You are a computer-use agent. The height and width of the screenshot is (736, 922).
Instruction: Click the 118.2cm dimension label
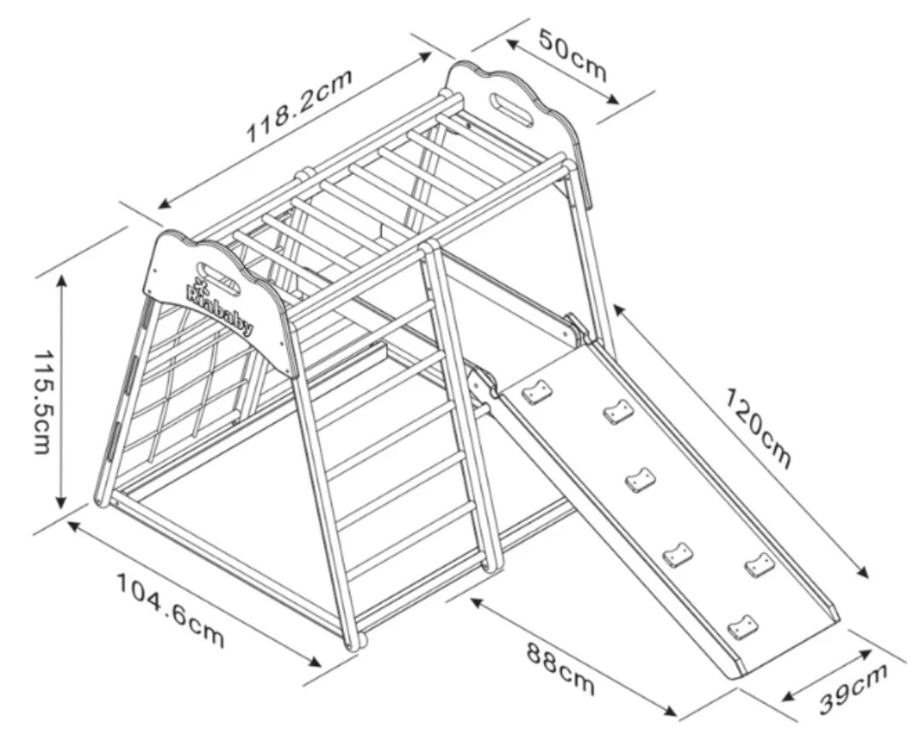299,106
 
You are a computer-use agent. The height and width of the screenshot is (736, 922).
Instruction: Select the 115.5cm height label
42,402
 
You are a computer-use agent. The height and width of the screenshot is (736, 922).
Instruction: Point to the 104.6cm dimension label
171,610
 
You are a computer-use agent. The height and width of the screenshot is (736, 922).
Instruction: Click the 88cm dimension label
559,669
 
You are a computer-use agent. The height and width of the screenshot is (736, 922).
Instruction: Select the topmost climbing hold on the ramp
537,393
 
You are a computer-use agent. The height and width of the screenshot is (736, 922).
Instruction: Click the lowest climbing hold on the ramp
741,628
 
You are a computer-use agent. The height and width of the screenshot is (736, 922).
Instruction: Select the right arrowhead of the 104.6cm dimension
314,661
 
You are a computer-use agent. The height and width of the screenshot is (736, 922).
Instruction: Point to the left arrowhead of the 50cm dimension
511,44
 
